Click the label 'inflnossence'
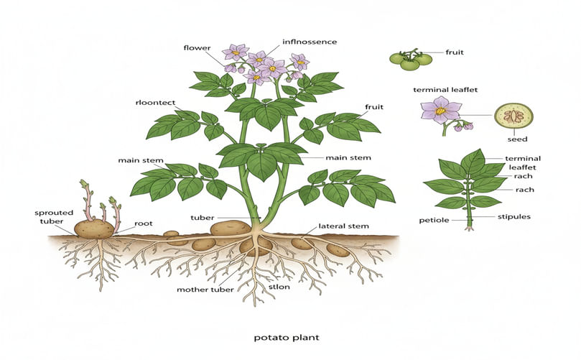(x=310, y=42)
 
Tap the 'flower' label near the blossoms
(x=197, y=48)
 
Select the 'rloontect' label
(x=154, y=102)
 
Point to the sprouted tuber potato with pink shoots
(x=94, y=229)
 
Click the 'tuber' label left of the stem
(x=201, y=216)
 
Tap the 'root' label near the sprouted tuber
(x=144, y=224)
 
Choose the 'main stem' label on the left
(x=141, y=160)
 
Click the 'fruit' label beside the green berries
(x=454, y=52)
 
